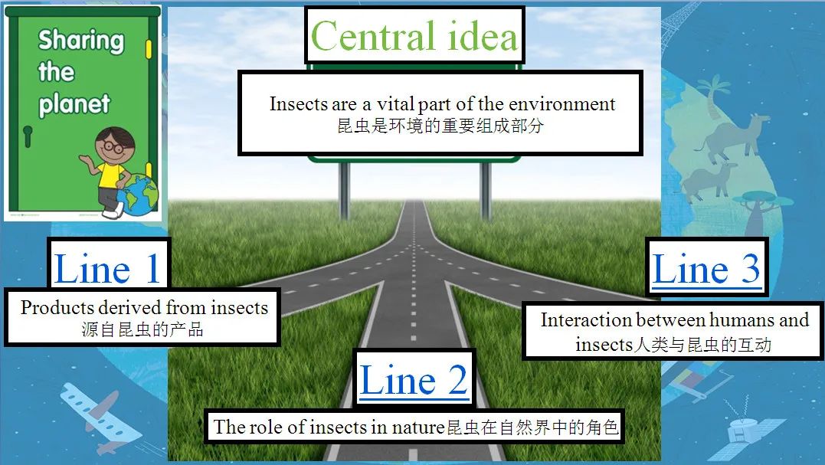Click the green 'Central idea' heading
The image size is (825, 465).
pos(414,36)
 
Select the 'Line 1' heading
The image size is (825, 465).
pos(107,268)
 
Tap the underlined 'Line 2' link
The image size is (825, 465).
pos(414,380)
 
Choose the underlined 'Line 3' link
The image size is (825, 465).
pos(706,268)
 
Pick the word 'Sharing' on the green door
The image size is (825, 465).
pos(81,41)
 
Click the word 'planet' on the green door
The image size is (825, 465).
pos(74,103)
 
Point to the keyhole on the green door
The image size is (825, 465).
pos(28,136)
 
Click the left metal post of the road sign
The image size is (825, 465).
pos(345,191)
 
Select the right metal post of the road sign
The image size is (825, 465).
pos(486,191)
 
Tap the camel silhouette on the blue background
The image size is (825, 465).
pos(732,138)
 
